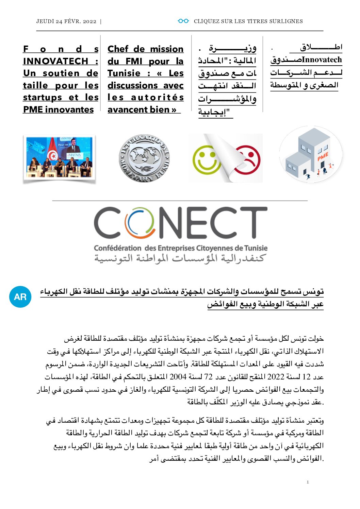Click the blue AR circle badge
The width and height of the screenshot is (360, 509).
[20, 297]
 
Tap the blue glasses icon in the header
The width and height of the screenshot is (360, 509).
[183, 21]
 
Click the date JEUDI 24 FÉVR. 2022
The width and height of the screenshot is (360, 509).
[66, 21]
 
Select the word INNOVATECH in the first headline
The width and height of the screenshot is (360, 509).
[55, 61]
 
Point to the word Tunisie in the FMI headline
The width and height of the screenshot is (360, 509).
[124, 73]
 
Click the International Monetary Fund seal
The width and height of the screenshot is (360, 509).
[144, 158]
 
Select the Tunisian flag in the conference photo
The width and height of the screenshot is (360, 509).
[53, 155]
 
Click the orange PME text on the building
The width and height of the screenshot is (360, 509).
[323, 157]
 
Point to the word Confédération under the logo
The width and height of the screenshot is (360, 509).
[117, 248]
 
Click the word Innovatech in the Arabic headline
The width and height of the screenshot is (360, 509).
[322, 60]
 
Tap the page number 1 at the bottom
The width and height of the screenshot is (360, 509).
[308, 482]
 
